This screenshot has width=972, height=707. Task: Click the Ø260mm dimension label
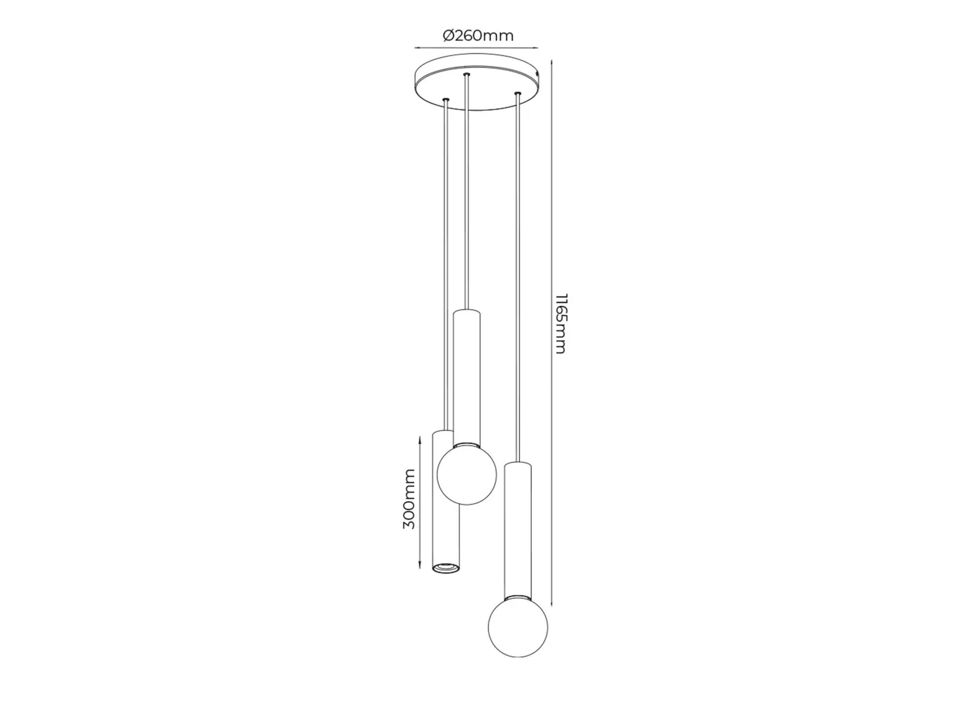pos(478,36)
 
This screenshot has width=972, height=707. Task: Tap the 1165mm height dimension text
pos(560,323)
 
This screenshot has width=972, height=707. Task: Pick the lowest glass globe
pos(518,627)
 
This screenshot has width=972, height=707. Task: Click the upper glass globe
pos(467,474)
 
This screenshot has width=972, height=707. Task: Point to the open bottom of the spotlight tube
pos(445,568)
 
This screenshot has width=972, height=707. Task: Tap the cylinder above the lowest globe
pos(518,528)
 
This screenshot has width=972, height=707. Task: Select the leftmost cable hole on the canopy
pos(446,99)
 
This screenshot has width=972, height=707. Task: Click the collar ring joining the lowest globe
pos(518,597)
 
